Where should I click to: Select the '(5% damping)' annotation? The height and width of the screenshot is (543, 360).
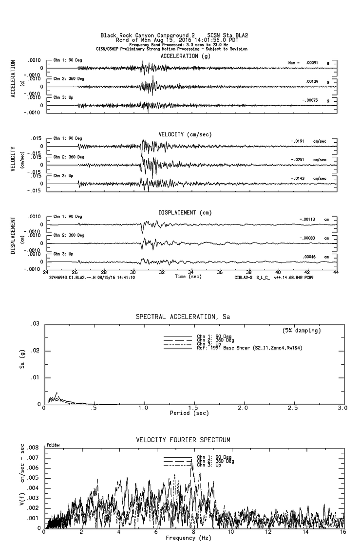(x=302, y=331)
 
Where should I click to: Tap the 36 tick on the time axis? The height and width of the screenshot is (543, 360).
(x=220, y=272)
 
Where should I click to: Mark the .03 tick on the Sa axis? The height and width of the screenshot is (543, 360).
(x=35, y=324)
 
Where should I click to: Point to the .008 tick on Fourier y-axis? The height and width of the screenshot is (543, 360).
(x=32, y=447)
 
